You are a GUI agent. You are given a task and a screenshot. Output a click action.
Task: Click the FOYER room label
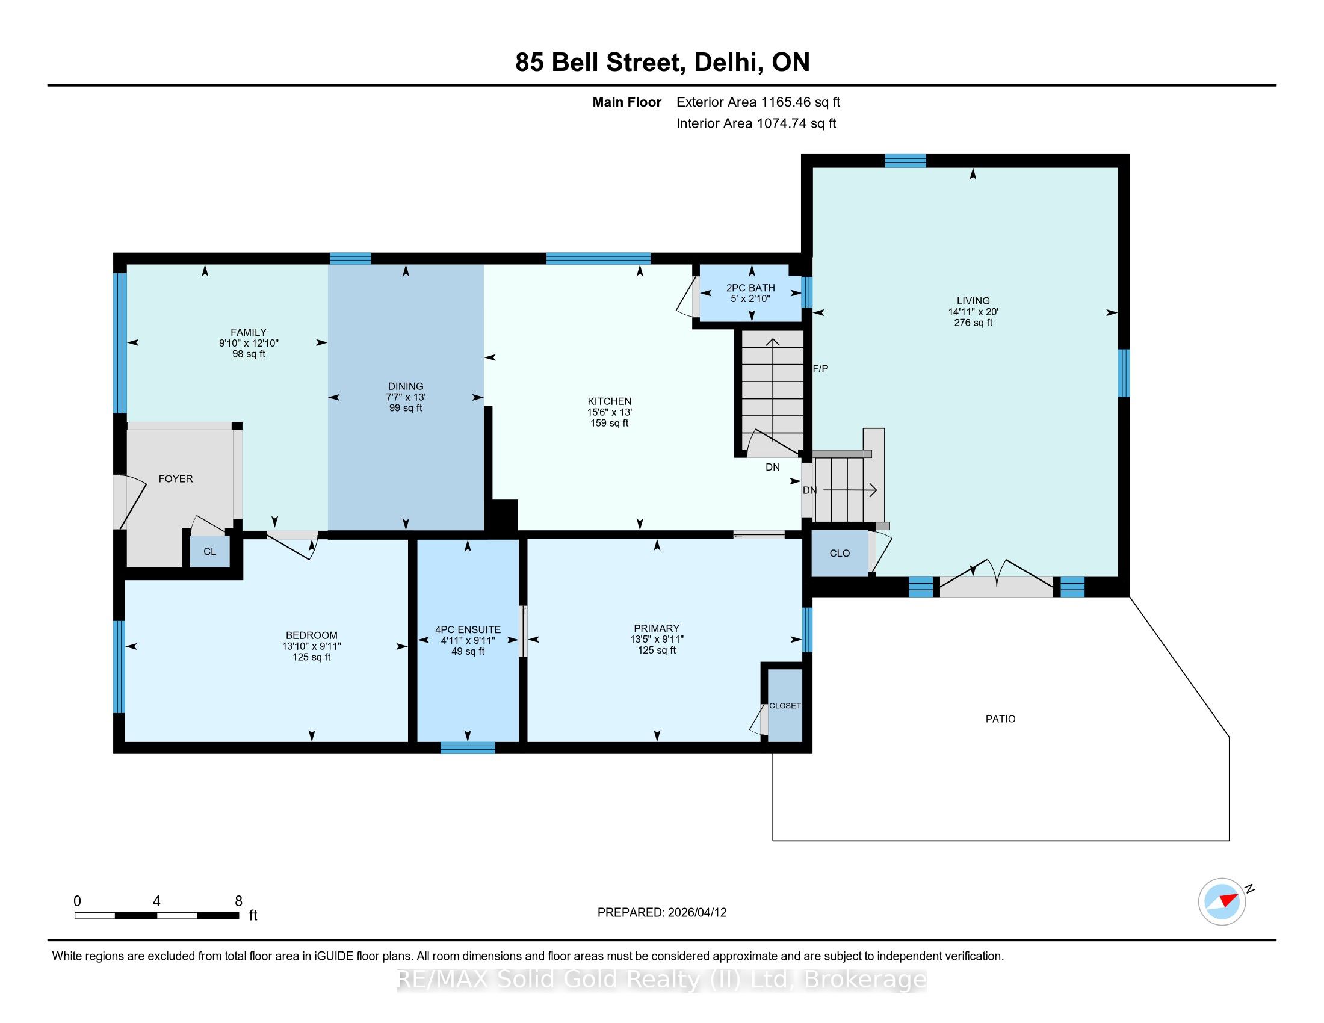coord(176,479)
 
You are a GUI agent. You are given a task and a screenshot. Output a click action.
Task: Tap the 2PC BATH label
coord(750,288)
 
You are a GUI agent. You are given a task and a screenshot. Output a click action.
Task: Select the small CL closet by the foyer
coord(210,551)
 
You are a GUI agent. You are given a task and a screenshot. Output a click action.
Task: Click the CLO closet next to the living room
coord(840,553)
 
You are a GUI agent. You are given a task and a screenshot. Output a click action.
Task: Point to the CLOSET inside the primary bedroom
coord(785,705)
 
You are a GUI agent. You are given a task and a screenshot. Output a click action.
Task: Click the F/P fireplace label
coord(820,368)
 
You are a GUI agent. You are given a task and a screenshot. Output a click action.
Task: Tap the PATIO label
coord(1000,719)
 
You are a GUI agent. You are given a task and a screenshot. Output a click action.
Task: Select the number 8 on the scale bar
coord(239,901)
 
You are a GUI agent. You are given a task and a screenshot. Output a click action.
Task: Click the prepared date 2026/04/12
coord(696,913)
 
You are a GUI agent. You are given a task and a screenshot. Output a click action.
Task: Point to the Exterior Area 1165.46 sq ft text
coord(758,102)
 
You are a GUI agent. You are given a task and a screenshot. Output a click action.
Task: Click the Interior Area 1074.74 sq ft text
coord(756,123)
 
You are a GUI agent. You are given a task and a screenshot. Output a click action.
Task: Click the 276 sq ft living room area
coord(973,323)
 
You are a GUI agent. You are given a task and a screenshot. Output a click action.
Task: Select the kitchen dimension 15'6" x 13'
coord(609,412)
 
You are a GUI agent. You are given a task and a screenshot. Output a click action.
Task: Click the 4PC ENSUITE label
coord(468,629)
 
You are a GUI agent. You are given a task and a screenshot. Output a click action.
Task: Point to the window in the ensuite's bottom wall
coord(468,748)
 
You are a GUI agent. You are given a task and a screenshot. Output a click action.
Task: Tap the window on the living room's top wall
coord(905,161)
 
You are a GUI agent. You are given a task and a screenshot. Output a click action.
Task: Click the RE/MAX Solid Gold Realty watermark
coord(662,979)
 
